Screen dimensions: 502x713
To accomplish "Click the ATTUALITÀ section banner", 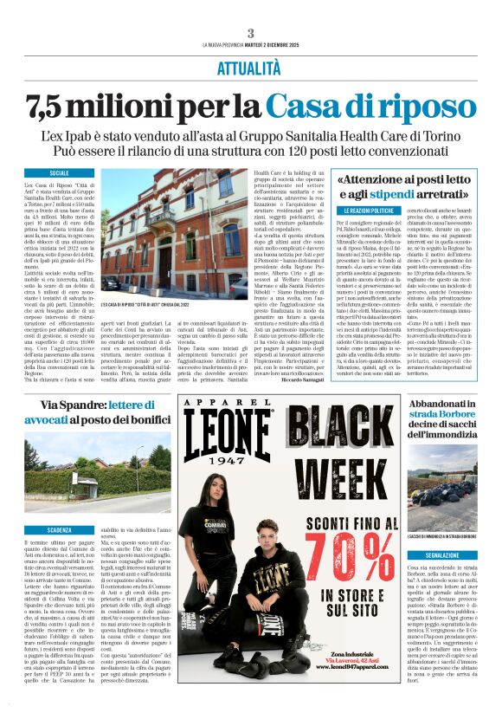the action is (250, 68).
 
